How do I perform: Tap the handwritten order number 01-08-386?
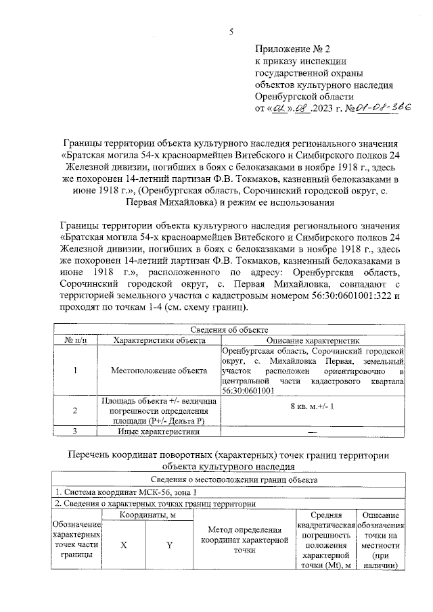coord(380,107)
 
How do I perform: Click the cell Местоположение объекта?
coord(160,371)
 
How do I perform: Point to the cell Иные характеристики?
coord(160,431)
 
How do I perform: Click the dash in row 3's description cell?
coord(313,431)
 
